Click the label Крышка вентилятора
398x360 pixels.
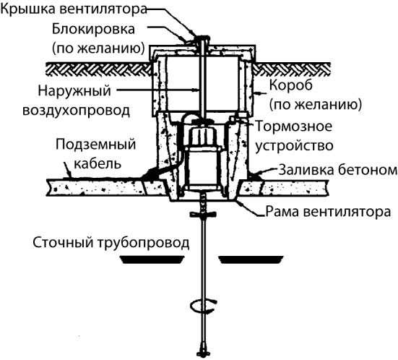click(x=74, y=9)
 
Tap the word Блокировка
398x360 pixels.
click(x=93, y=29)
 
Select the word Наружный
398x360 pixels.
click(x=74, y=91)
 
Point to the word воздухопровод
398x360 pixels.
click(x=76, y=111)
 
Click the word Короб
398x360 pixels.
click(x=291, y=85)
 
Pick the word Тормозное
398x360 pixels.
click(x=294, y=126)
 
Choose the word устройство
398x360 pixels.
click(x=294, y=146)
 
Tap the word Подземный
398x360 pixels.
click(x=95, y=145)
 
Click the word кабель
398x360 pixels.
click(x=98, y=163)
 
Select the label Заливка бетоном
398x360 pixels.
click(x=338, y=170)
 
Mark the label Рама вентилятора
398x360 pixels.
click(x=328, y=211)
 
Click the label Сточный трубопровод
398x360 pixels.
click(x=111, y=243)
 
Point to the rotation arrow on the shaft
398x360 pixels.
click(x=204, y=306)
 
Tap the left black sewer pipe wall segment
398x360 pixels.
click(x=152, y=260)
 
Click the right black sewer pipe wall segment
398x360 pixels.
click(x=251, y=260)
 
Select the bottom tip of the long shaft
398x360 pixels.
click(x=204, y=356)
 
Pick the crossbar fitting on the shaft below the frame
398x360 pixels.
click(x=203, y=215)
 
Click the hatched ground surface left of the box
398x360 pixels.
click(x=98, y=69)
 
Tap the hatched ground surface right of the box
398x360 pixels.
click(x=292, y=69)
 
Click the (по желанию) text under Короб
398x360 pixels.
click(x=316, y=104)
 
